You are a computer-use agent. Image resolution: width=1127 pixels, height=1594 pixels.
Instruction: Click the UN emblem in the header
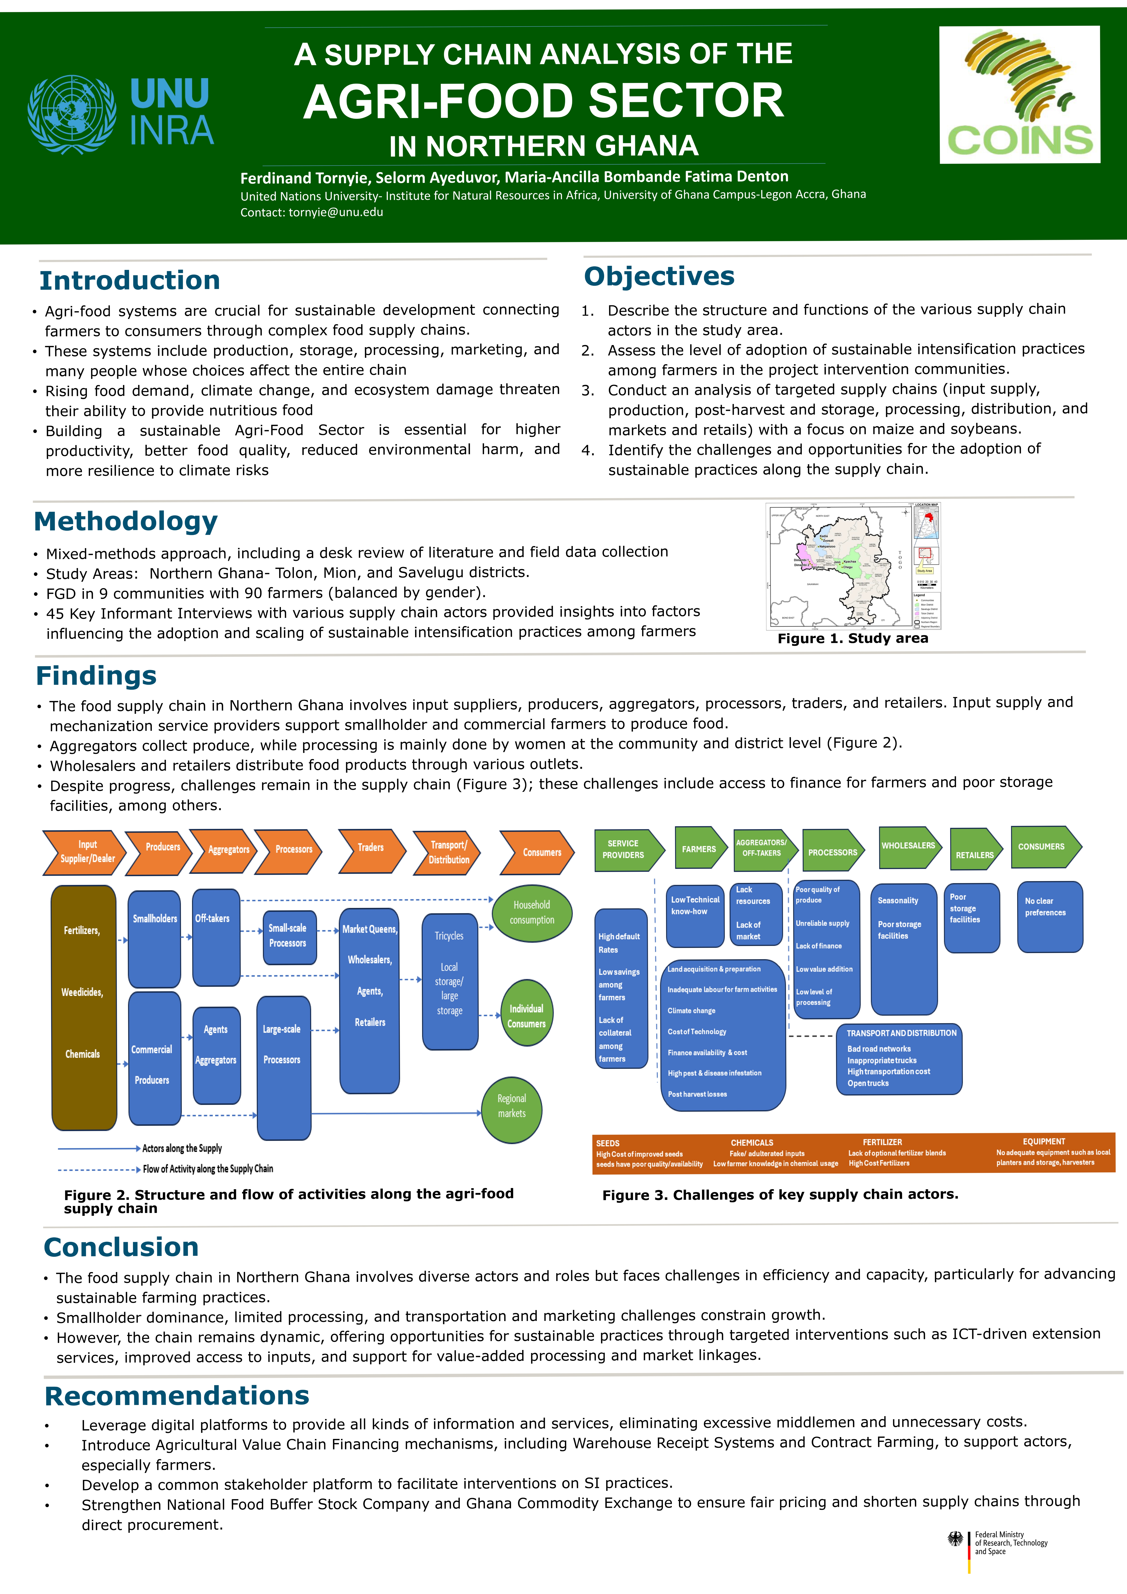pos(71,115)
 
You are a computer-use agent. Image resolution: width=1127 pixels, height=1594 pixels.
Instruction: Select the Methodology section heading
pos(125,521)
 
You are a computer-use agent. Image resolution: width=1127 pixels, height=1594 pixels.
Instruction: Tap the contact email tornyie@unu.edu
pos(336,213)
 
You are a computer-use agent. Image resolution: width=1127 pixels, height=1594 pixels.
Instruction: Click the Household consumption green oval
pos(532,912)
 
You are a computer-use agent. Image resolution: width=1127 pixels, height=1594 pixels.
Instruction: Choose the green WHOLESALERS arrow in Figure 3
pos(910,847)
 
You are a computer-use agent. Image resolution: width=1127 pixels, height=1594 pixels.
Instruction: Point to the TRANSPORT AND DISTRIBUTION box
pos(899,1059)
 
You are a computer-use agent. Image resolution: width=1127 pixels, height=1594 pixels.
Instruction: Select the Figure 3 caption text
pos(780,1194)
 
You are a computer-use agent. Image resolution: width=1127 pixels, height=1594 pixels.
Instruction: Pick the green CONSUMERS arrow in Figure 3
pos(1044,847)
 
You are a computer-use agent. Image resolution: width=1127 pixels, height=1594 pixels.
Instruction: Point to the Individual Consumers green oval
pos(527,1016)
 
